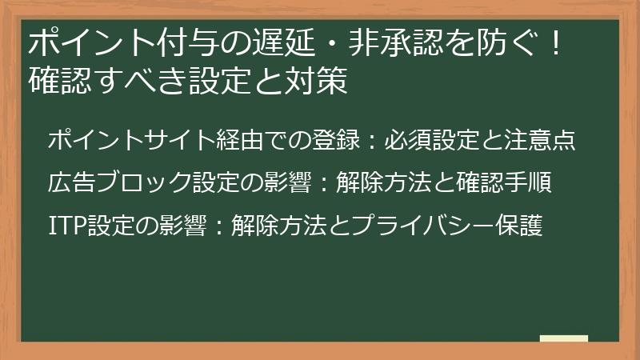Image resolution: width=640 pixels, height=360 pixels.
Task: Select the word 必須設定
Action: [x=433, y=141]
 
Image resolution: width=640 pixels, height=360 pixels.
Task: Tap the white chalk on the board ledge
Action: [x=564, y=338]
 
